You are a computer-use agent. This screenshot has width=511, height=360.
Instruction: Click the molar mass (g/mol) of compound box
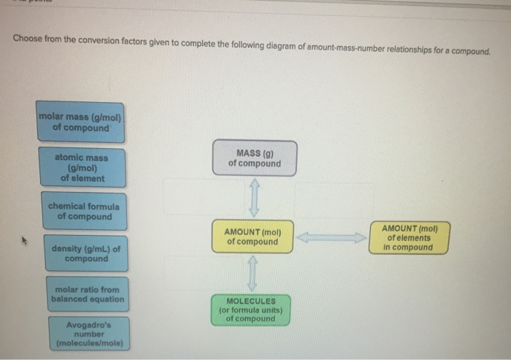[x=81, y=122]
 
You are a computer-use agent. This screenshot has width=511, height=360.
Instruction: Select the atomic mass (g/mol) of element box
[x=82, y=168]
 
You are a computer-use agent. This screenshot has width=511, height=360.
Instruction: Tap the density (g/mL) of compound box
[x=85, y=253]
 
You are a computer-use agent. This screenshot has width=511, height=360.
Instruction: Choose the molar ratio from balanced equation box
[x=88, y=294]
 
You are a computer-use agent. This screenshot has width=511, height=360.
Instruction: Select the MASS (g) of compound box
[x=254, y=158]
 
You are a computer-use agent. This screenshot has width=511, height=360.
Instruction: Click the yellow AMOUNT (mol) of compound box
[x=253, y=237]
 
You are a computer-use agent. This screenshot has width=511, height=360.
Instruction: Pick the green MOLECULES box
[x=250, y=310]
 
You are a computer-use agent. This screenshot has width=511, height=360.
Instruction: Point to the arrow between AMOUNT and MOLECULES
[x=252, y=274]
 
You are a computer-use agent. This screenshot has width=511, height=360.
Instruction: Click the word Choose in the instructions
[x=27, y=39]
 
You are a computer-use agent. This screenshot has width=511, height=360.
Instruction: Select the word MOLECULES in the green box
[x=250, y=301]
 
